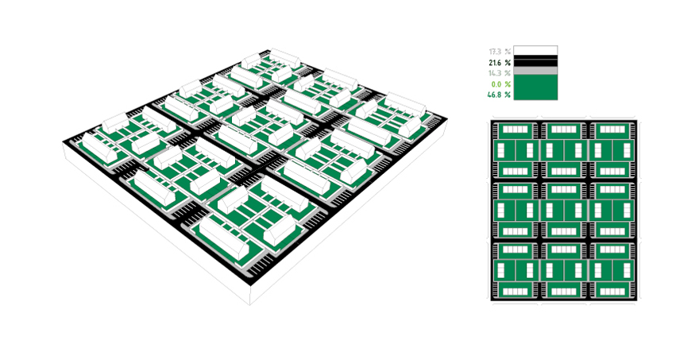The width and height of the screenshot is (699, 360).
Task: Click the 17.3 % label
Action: pyautogui.click(x=500, y=52)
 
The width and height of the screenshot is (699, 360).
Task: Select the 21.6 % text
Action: pyautogui.click(x=500, y=63)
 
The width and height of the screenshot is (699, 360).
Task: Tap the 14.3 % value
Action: pyautogui.click(x=500, y=73)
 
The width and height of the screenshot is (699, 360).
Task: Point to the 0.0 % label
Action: pyautogui.click(x=500, y=84)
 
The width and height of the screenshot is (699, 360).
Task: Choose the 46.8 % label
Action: pyautogui.click(x=499, y=95)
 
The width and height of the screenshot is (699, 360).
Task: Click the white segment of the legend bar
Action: pyautogui.click(x=535, y=50)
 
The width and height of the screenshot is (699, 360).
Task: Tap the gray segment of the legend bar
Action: pyautogui.click(x=535, y=71)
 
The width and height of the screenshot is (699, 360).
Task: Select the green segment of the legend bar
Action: pyautogui.click(x=535, y=87)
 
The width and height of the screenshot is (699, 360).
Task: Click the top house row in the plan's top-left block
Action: pyautogui.click(x=516, y=130)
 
